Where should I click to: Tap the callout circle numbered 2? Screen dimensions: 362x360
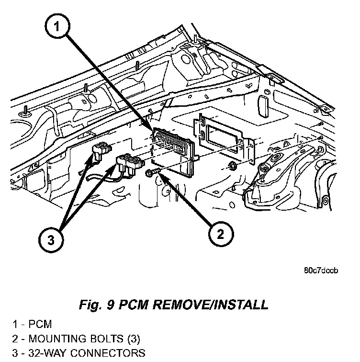tap(220, 234)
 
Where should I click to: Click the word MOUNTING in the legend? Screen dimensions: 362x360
tap(50, 339)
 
